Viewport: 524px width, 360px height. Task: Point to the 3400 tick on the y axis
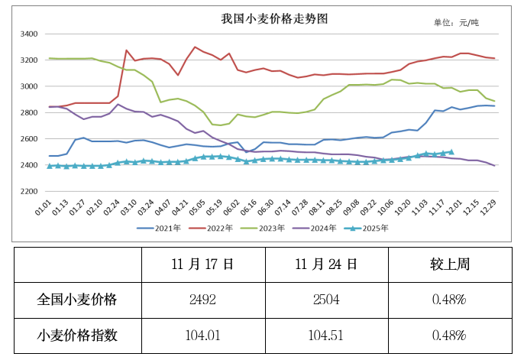coord(29,34)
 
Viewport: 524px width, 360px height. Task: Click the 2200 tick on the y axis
coord(29,191)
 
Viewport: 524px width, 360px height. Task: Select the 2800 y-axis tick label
coord(29,113)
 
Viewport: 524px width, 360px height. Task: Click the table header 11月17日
coord(202,264)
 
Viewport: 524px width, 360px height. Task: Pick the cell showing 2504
coord(326,300)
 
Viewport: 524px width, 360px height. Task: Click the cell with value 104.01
coord(202,335)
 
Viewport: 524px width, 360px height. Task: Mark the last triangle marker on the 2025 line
coord(451,152)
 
